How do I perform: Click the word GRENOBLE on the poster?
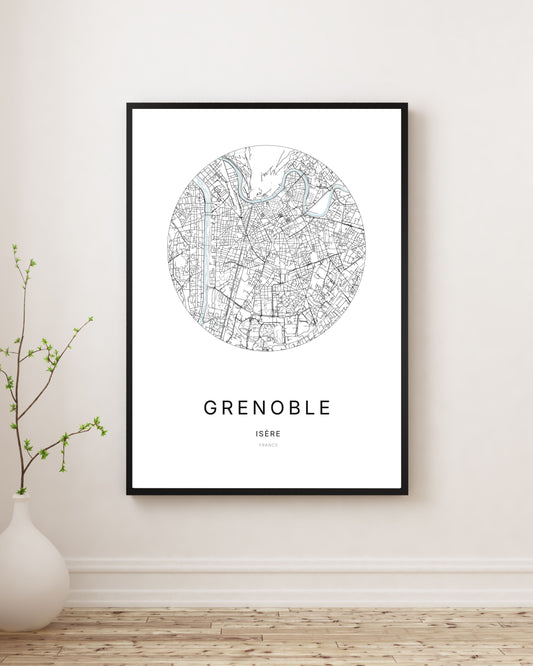(x=267, y=408)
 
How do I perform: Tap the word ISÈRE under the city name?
(x=267, y=433)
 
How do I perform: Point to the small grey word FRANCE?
(x=267, y=445)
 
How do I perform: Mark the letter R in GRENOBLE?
(x=227, y=408)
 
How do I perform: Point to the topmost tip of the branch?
(x=15, y=246)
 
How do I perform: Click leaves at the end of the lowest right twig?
(x=99, y=427)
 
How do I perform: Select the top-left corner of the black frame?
(x=129, y=105)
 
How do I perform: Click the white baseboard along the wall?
(x=300, y=581)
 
